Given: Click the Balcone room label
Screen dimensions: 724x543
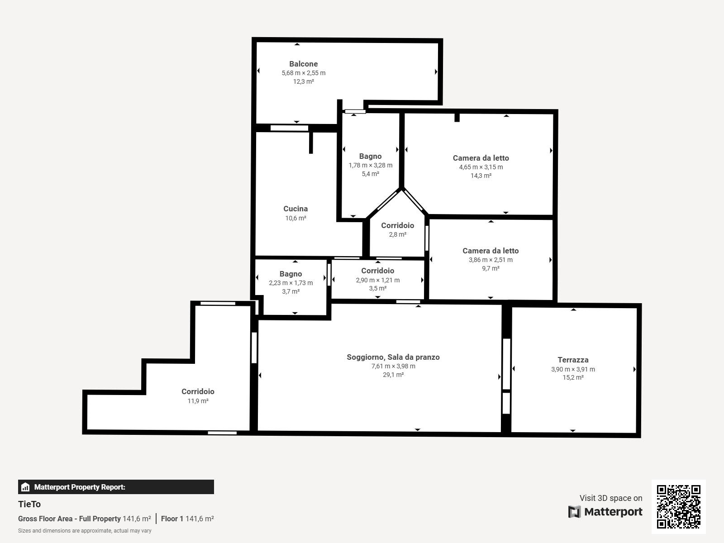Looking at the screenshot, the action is pos(304,64).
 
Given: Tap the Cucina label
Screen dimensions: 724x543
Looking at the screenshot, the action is pos(295,209).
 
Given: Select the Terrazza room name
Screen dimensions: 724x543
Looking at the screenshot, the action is pos(573,360).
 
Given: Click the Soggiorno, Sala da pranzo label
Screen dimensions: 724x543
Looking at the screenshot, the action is pos(393,357).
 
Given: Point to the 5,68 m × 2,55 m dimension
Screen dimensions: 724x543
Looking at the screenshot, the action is pos(304,73).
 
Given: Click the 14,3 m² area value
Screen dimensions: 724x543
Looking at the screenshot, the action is pos(481,176).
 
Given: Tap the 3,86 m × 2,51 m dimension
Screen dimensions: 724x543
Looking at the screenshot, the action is pos(491,260).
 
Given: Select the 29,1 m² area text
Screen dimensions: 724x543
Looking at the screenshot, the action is pos(393,375).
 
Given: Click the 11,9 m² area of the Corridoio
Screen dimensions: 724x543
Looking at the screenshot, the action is pos(198,401).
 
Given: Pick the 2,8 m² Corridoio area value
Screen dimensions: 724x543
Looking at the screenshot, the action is pos(397,234).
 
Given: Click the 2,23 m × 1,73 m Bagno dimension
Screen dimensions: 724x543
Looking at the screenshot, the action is pos(291,283).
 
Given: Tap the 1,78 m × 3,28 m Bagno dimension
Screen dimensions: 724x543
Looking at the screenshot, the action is pos(371,165).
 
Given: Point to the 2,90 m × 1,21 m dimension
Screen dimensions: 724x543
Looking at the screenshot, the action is pos(378,280).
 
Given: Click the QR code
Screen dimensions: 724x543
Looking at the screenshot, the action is pos(678,506).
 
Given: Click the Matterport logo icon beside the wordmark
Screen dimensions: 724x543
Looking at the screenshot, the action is pos(574,512).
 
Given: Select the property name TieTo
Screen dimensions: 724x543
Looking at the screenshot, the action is pos(29,504).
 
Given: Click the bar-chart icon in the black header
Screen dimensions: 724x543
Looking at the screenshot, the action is pos(25,487).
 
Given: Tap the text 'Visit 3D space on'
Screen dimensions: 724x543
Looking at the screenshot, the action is pos(611,498).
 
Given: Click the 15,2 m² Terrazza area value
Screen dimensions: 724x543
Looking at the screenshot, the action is pos(573,377).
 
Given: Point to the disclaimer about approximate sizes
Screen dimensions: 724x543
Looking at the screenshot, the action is pos(85,531).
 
